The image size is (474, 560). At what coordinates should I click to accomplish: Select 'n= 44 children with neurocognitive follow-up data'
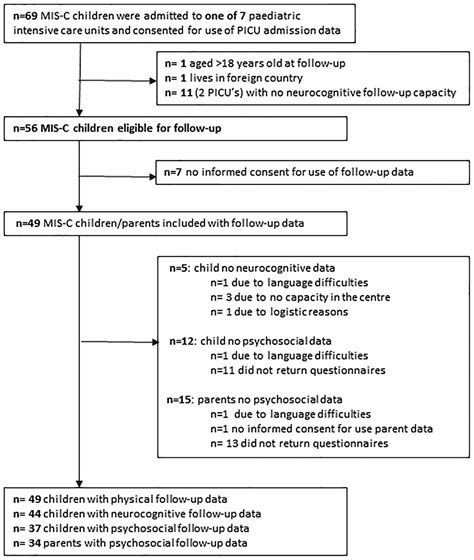[x=131, y=512]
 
